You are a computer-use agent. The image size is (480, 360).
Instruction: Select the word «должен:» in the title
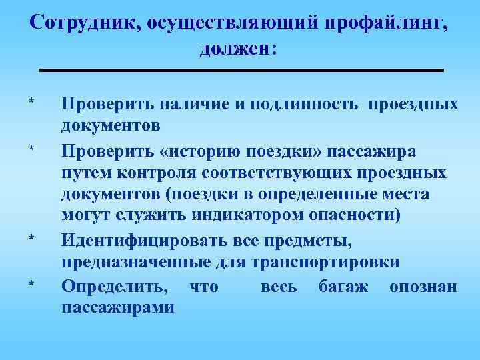(x=239, y=49)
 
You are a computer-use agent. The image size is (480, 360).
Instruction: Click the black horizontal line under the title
(x=240, y=70)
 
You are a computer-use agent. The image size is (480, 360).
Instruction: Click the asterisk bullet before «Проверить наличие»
(x=31, y=102)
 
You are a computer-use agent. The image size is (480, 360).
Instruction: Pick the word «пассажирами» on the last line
(x=118, y=307)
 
